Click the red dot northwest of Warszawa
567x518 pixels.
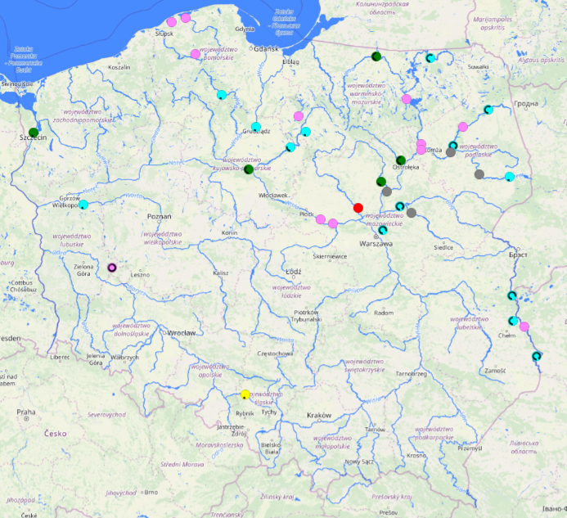[358, 208]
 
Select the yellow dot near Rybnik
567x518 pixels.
[245, 394]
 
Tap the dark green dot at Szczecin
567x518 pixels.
[34, 132]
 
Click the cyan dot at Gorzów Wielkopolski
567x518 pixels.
[83, 205]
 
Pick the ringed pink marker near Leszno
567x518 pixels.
[112, 268]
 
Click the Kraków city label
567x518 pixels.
[318, 416]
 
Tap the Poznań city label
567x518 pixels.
[159, 216]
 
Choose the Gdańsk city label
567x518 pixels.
[268, 48]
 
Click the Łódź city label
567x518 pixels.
[294, 271]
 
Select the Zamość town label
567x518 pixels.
[495, 371]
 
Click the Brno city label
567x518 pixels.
[150, 493]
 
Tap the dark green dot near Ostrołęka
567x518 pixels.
[401, 160]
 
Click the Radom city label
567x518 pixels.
[383, 313]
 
